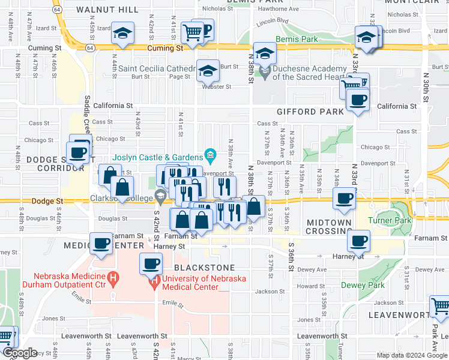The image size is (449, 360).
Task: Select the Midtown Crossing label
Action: [x=329, y=227]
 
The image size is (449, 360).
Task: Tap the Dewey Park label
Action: [x=363, y=285]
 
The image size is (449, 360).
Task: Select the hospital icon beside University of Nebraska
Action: [x=155, y=279]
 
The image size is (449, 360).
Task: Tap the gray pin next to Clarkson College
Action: [x=160, y=196]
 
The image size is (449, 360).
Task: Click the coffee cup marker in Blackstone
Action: [x=151, y=263]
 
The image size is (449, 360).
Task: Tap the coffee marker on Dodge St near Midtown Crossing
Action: [x=344, y=199]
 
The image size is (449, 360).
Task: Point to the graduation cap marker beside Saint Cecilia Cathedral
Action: [x=207, y=71]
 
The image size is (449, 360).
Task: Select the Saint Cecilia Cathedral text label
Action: [x=157, y=68]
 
